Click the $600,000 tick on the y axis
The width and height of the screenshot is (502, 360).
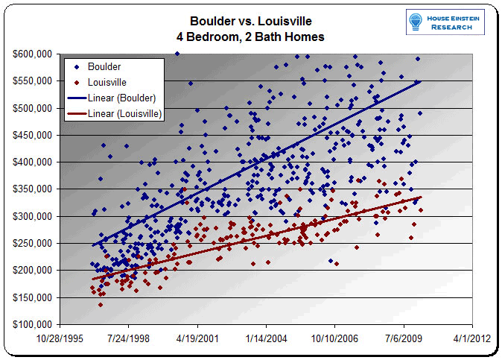(x=32, y=54)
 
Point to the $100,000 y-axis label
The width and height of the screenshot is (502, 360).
(x=32, y=325)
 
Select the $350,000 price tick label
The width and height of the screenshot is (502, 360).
(x=32, y=189)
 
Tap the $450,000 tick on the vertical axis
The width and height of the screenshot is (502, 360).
(x=32, y=136)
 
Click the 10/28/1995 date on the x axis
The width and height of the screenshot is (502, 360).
(x=60, y=336)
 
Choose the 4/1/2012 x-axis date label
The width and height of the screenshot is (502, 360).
(x=473, y=336)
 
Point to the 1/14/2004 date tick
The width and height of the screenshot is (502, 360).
(x=267, y=336)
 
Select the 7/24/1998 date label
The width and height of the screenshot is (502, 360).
(x=129, y=336)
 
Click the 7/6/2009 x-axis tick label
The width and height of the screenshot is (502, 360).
(x=404, y=336)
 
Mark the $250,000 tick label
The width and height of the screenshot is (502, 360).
(x=32, y=244)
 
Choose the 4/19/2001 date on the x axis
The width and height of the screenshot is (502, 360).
(x=197, y=336)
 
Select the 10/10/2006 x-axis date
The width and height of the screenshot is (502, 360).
(x=335, y=336)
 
